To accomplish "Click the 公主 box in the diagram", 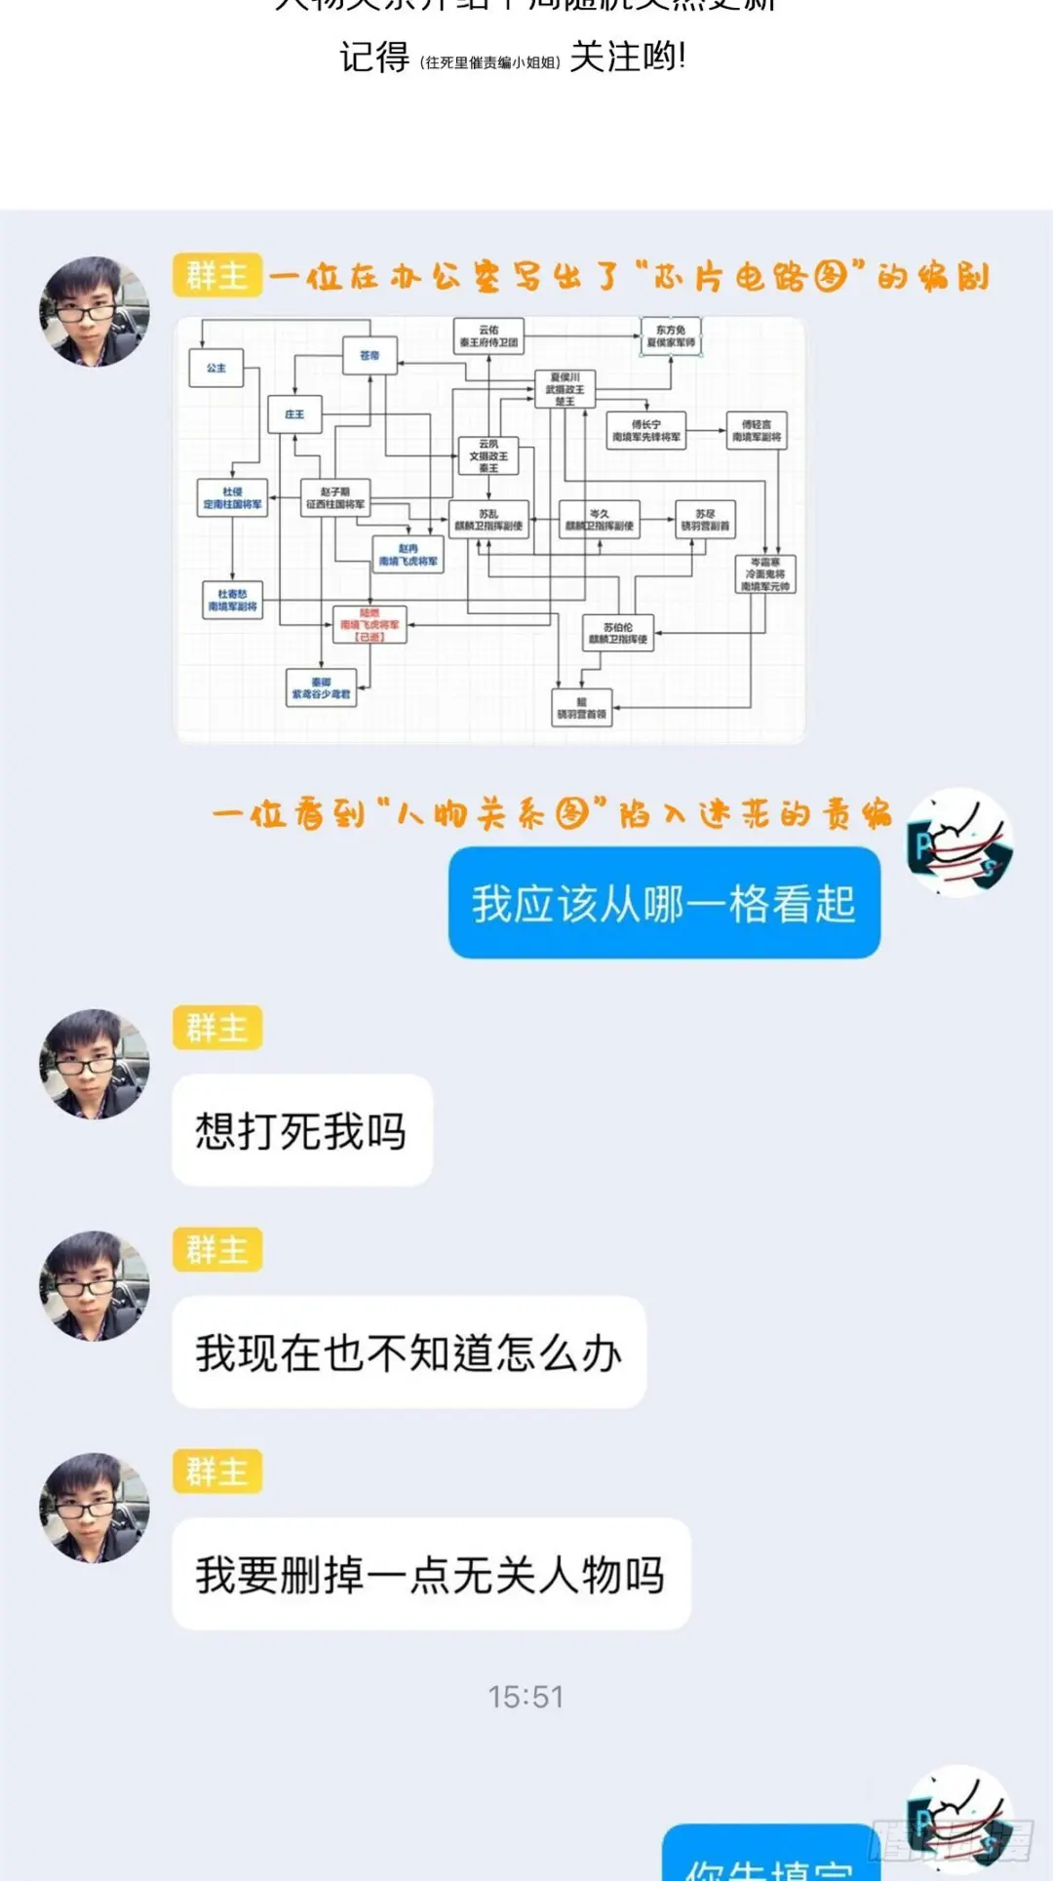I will click(215, 369).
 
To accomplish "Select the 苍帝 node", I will click(370, 356).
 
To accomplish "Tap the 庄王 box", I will click(293, 414).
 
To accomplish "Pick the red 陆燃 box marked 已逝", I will click(370, 625).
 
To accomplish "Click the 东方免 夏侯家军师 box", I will click(671, 336).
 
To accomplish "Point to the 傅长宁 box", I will click(645, 431).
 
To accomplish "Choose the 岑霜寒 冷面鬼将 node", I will click(765, 574).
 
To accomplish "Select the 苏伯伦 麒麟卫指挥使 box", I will click(617, 634).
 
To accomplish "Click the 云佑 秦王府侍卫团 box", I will click(488, 336).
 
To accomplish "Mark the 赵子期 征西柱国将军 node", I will click(334, 498).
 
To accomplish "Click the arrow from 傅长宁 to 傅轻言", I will click(706, 430).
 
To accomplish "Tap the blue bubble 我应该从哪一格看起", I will click(664, 903).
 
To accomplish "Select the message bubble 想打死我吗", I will click(301, 1131).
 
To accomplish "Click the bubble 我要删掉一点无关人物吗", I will click(431, 1574).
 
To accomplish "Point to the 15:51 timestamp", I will click(526, 1698).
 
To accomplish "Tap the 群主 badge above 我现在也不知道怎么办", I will click(217, 1249).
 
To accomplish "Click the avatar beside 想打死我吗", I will click(95, 1064).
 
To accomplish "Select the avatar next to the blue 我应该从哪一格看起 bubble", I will click(959, 843).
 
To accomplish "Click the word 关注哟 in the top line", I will click(627, 57).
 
